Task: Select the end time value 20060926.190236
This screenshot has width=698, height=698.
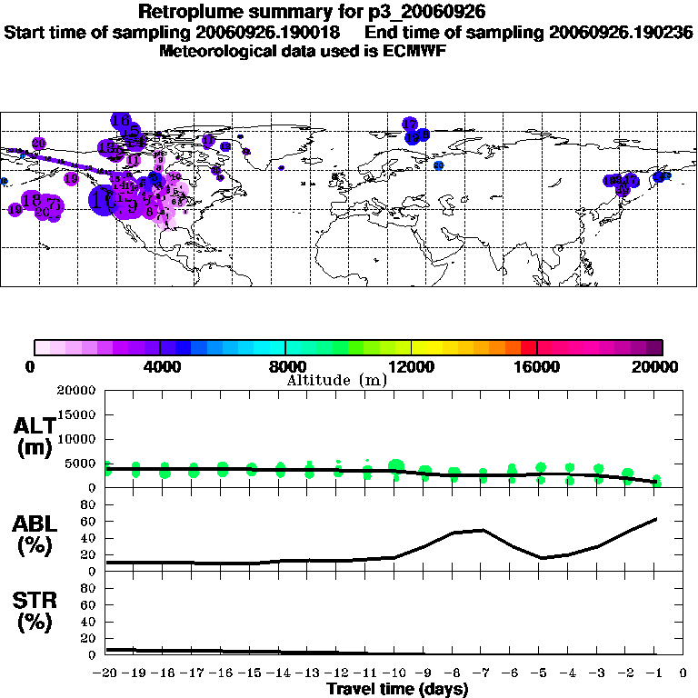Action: coord(621,32)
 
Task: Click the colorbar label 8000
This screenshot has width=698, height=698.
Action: coord(285,367)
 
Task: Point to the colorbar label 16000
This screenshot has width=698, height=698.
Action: coord(537,367)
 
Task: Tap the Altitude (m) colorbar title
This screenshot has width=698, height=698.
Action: coord(336,380)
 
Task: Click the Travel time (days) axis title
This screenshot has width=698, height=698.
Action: coord(397,689)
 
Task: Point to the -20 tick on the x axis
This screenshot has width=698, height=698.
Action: coord(106,673)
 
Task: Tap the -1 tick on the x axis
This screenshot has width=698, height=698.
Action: coord(655,673)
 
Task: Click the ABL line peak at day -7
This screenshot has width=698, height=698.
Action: coord(483,530)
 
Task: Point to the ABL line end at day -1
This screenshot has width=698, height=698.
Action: coord(656,519)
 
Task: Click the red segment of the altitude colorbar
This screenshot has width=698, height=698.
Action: coord(528,347)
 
